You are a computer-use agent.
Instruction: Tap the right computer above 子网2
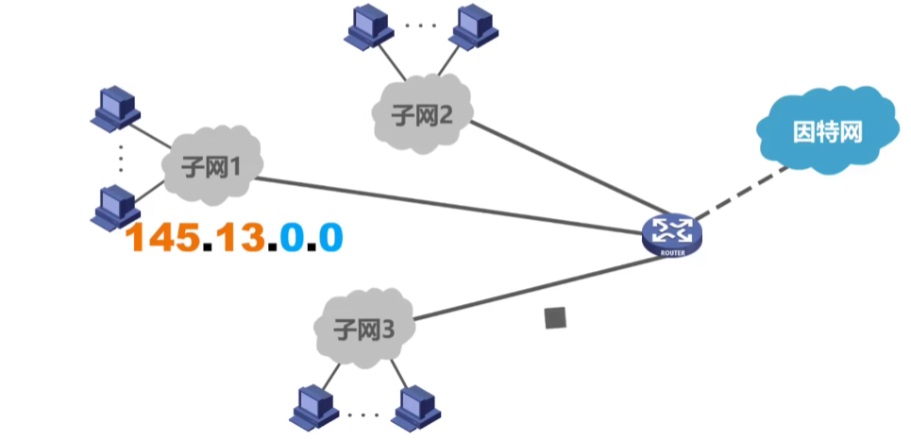click(471, 28)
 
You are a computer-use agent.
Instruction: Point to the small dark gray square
click(556, 318)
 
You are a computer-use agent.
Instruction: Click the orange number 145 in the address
click(164, 238)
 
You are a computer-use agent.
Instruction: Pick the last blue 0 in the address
click(329, 238)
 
